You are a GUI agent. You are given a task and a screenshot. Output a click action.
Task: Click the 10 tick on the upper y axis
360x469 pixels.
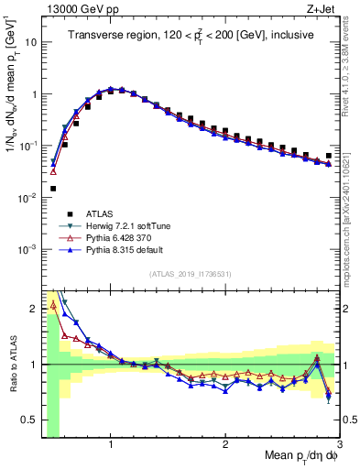33,41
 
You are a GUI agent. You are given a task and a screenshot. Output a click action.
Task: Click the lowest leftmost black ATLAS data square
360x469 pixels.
53,189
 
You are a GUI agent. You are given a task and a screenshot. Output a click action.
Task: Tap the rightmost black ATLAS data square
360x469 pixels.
329,155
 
